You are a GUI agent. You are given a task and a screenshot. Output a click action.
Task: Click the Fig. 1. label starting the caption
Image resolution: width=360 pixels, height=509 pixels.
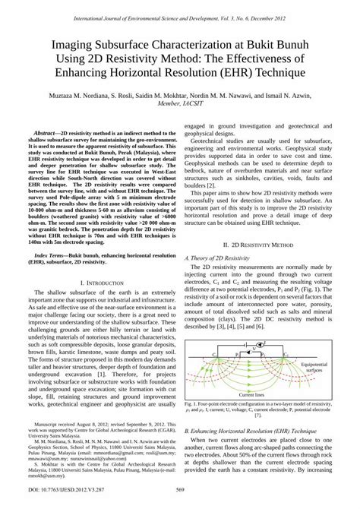(x=193, y=405)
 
